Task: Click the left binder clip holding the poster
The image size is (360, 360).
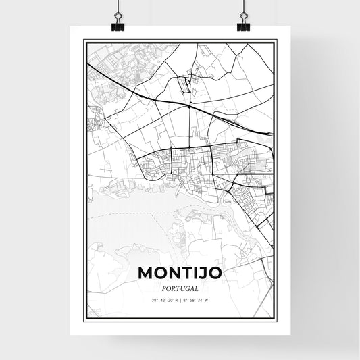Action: (116, 22)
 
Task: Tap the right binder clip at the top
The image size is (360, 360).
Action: (243, 22)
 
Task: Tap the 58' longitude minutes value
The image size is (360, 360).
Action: (195, 299)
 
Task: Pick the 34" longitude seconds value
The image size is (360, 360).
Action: (205, 299)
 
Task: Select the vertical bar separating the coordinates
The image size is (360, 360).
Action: (180, 299)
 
